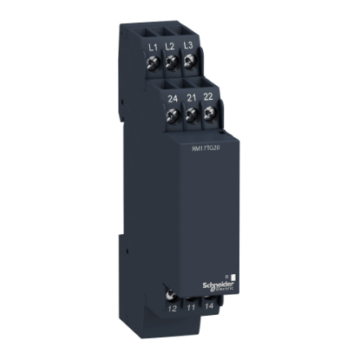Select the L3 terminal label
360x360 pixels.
click(x=189, y=44)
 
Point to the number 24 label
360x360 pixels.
click(x=172, y=99)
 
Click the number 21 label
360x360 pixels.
click(x=189, y=100)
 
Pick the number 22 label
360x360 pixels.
click(x=206, y=100)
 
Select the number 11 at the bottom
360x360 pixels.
click(x=190, y=307)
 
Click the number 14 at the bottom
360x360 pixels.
click(x=208, y=307)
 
